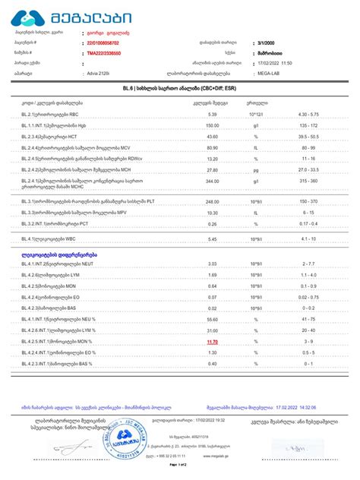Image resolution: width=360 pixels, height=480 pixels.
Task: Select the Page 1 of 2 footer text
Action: coord(179,474)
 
